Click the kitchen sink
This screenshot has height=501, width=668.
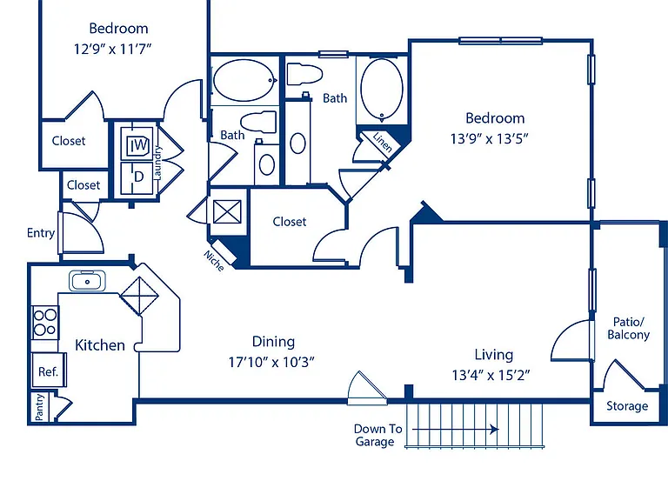87,281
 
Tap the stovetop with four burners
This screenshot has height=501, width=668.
45,323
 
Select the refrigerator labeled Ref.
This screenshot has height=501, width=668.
49,370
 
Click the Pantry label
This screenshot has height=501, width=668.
39,407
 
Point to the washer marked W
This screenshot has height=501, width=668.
137,144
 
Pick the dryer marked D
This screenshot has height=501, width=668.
137,178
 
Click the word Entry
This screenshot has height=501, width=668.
41,233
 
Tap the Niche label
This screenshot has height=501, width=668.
214,261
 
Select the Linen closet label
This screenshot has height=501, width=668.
382,143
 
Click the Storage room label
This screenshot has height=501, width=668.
627,406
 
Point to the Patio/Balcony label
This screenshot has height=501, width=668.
628,328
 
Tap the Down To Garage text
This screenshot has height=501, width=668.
377,435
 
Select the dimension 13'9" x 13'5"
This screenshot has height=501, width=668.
490,139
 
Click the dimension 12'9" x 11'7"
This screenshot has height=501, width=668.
113,49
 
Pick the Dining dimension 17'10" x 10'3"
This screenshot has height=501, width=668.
271,362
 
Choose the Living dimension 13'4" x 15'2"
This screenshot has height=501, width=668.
491,376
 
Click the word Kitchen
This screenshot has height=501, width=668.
100,345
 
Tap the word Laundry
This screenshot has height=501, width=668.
157,163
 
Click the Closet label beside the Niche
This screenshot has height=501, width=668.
290,222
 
